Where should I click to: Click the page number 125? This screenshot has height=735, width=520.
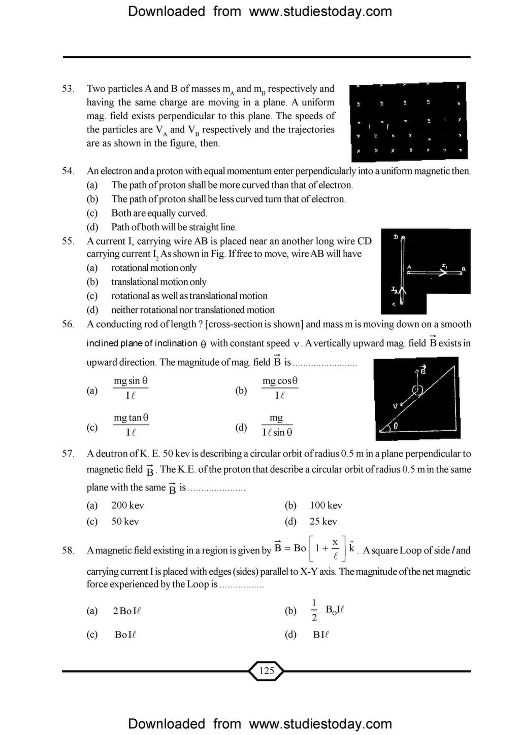tap(266, 671)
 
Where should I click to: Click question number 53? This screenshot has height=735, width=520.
tap(68, 89)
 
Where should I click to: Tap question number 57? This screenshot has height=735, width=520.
tap(68, 453)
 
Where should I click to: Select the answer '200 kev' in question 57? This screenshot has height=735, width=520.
tap(127, 505)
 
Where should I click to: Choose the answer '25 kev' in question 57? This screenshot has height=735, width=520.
tap(323, 521)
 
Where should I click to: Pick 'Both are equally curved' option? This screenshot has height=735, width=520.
tap(159, 213)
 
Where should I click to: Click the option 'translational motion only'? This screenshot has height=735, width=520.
tap(158, 282)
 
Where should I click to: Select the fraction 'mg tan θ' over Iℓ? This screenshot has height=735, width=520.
tap(131, 425)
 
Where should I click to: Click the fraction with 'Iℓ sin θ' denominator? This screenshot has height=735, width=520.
tap(277, 425)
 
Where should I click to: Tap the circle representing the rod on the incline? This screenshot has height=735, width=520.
tap(417, 390)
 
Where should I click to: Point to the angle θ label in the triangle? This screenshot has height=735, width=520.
tap(396, 427)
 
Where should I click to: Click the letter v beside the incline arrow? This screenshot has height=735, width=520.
tap(395, 406)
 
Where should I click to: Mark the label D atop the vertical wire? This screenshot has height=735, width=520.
tap(396, 237)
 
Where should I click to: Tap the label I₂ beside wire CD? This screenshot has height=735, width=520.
tap(394, 290)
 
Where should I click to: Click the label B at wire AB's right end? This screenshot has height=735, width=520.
tap(463, 269)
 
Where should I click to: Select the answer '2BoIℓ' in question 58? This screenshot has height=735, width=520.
tap(126, 611)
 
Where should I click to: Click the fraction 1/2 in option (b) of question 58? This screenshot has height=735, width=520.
tap(314, 610)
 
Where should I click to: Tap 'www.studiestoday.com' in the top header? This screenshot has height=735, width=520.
tap(320, 11)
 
